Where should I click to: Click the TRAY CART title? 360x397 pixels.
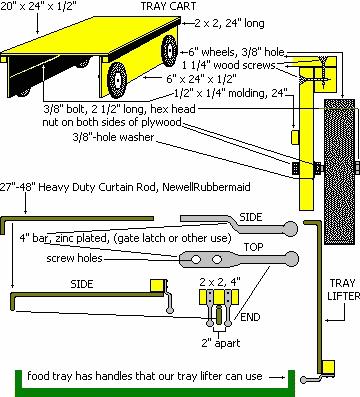[168, 6]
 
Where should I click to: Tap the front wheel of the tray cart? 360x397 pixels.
[117, 79]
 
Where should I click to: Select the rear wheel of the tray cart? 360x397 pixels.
[169, 50]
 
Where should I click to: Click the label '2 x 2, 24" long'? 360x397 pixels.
[230, 23]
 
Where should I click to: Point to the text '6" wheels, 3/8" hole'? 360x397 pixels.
[237, 52]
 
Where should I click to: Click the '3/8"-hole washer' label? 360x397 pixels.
[113, 137]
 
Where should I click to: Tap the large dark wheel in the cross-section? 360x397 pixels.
[339, 171]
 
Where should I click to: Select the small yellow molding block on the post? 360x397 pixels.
[295, 137]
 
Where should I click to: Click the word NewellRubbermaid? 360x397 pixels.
[206, 187]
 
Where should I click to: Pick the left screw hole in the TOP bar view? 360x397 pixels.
[195, 259]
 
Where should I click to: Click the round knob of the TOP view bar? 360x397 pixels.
[292, 258]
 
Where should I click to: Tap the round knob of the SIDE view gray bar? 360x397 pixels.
[290, 228]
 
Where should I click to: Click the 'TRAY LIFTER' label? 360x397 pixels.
[343, 289]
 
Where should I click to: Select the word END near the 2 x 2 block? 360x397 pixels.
[250, 317]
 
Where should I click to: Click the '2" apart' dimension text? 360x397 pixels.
[221, 343]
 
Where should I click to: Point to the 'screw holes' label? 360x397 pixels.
[74, 258]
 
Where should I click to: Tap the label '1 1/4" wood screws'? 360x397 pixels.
[229, 65]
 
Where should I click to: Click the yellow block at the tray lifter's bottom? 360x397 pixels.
[329, 367]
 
